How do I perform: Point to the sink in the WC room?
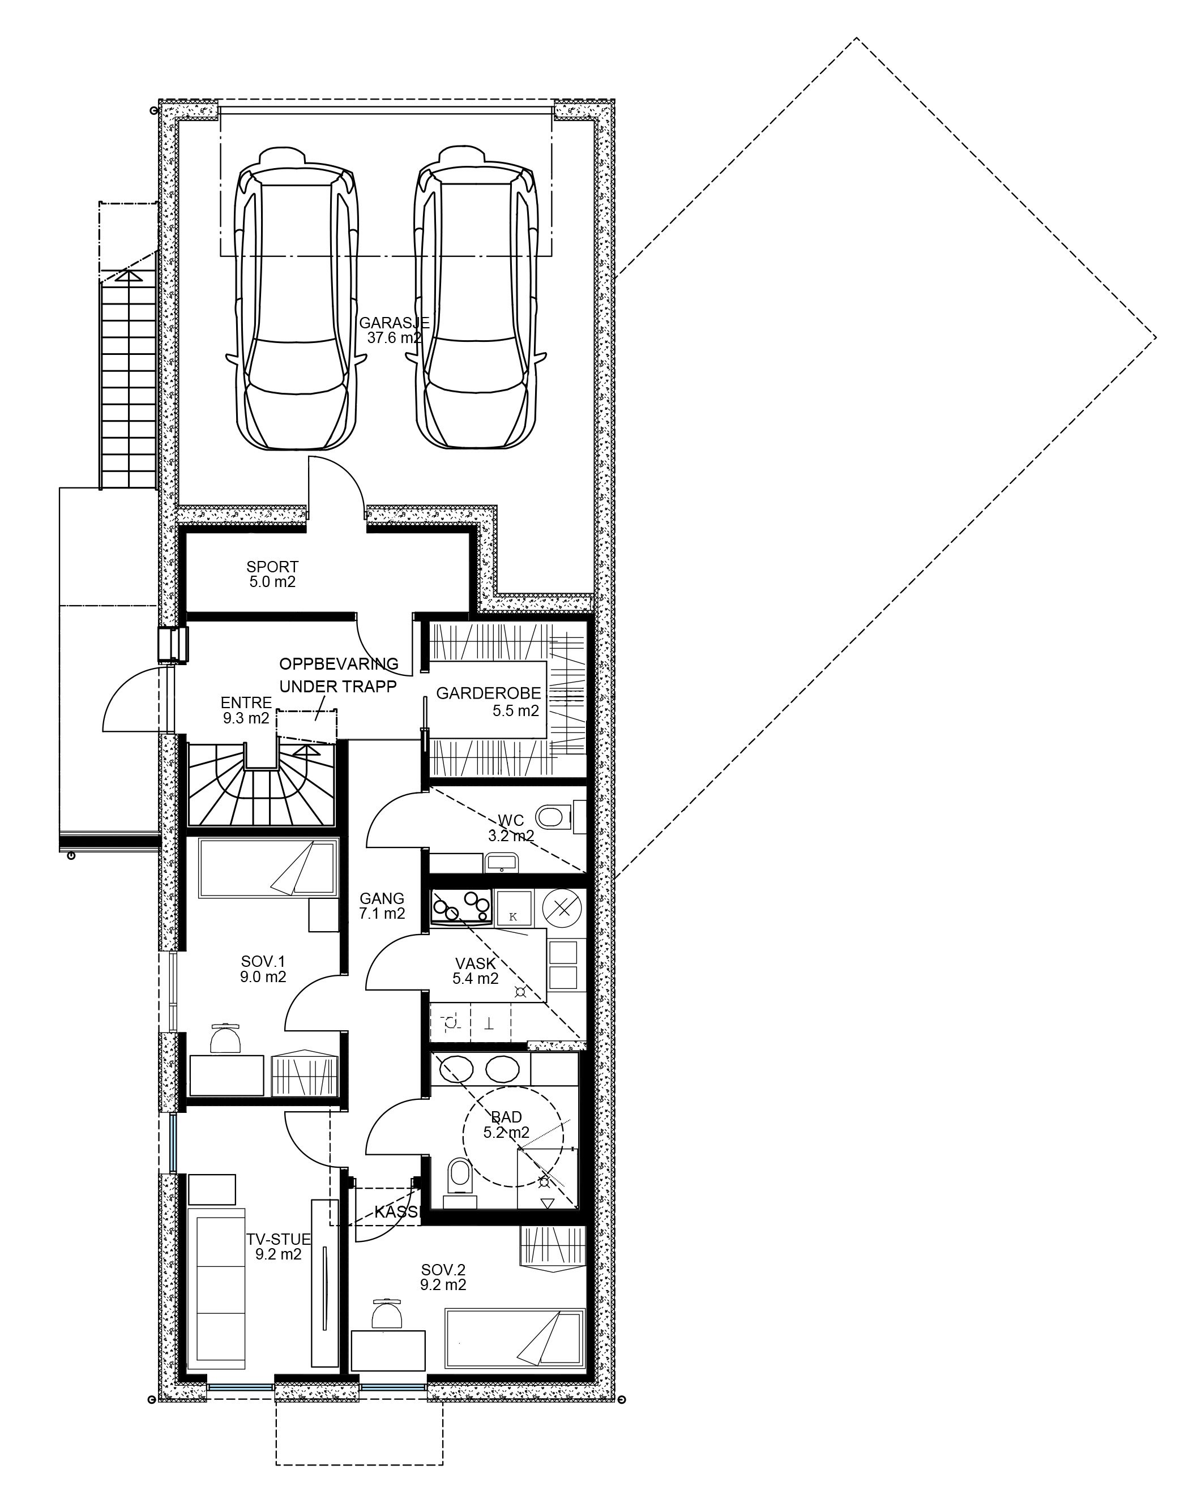tap(499, 862)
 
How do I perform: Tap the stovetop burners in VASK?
tap(461, 909)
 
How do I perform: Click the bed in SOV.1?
tap(268, 869)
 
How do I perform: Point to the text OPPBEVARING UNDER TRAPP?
tap(339, 674)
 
